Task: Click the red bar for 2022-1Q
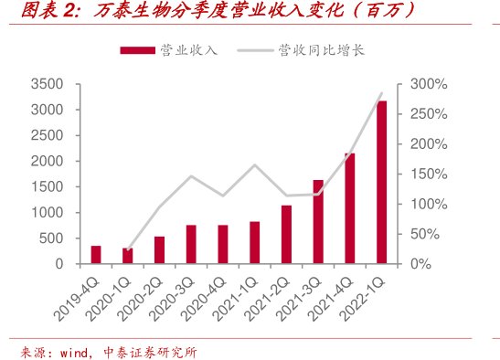point(381,183)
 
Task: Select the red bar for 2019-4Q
point(96,255)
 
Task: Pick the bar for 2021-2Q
point(286,235)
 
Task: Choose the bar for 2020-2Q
point(159,250)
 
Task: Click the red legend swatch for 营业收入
point(138,49)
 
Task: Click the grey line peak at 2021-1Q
point(254,165)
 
